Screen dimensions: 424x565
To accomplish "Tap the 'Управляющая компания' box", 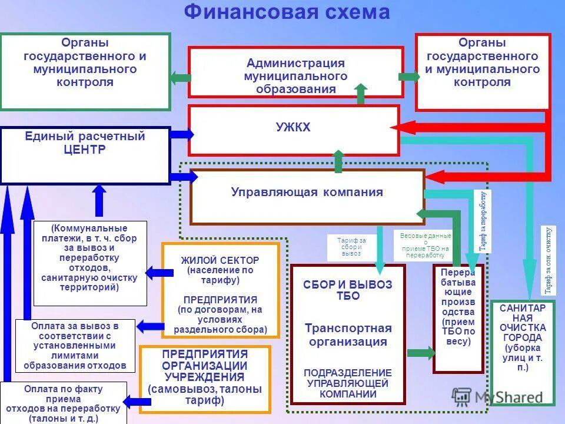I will coord(307,197).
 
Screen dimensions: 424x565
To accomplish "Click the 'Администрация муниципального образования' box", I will coord(295,72).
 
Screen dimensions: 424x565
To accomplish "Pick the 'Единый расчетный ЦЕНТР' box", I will coord(85,155).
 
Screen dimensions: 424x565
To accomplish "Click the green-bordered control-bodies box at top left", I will coord(85,71).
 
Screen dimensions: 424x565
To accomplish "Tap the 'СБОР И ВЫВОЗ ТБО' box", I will coord(348,333).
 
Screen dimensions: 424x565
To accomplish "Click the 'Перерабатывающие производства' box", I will coord(458,318).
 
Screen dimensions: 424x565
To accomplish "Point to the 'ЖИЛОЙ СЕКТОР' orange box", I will coord(220,290).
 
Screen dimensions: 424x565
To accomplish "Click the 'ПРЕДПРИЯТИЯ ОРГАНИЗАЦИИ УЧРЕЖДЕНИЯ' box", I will coord(204,379).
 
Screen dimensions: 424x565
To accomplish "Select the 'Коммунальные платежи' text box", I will coord(89,263).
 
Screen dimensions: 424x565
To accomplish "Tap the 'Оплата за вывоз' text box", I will coord(75,345).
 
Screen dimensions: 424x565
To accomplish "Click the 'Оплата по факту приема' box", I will coord(64,402).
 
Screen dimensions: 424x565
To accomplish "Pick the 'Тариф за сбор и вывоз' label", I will coord(351,247).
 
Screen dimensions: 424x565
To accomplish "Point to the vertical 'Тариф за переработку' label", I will coord(482,221).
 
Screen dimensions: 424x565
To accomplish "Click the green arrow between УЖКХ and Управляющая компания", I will coord(338,161).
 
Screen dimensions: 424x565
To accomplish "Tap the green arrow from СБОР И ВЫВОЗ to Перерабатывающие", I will coord(420,352).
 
